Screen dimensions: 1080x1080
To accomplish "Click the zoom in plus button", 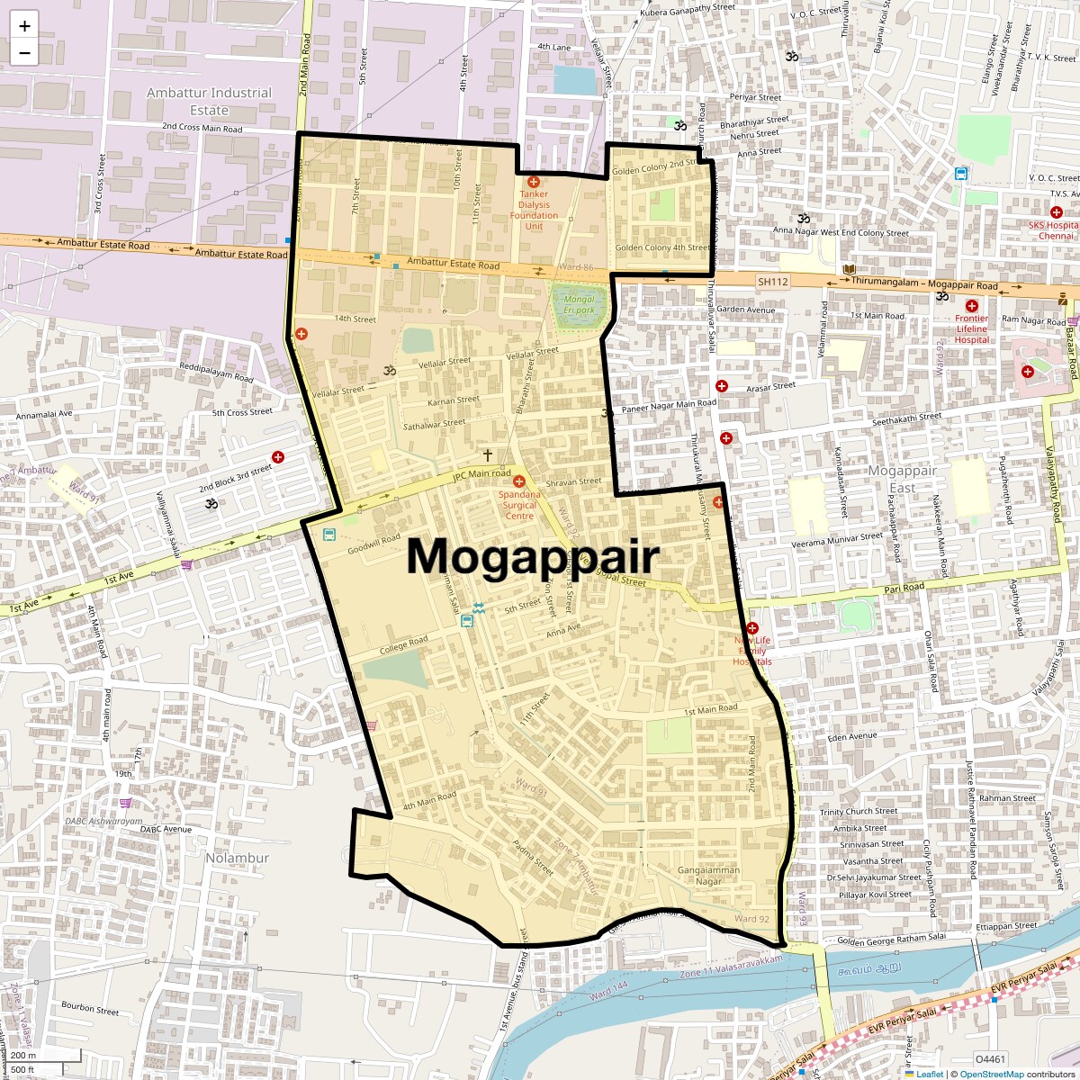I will click(24, 25).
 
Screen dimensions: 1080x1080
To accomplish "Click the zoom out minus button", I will click(24, 52).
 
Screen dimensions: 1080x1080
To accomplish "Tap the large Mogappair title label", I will click(533, 556).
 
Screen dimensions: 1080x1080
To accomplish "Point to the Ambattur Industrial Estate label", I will click(209, 101).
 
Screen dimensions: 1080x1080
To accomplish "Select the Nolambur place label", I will click(237, 858).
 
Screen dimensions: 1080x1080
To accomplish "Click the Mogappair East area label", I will click(902, 479).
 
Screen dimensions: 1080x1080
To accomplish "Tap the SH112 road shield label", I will click(772, 282).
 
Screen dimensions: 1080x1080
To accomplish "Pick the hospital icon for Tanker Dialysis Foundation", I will click(534, 182).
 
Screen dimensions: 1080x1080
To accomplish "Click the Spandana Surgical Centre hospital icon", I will click(519, 482).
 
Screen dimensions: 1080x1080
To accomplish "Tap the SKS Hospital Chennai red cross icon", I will click(1057, 212).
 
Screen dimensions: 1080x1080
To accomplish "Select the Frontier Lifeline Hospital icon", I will click(972, 306).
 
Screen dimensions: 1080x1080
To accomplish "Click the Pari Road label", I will click(904, 588).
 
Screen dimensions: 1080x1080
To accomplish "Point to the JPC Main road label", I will click(481, 474).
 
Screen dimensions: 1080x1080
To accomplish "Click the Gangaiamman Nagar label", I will click(709, 875).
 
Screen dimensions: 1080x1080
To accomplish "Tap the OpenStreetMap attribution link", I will click(992, 1074).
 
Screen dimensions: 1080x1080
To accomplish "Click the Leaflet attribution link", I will click(930, 1074).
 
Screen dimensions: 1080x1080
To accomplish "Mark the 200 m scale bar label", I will click(23, 1055).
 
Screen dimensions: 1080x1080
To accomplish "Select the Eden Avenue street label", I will click(851, 736).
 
